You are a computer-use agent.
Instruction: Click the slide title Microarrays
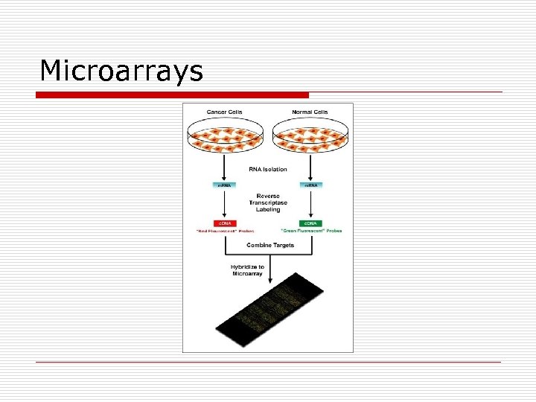[121, 71]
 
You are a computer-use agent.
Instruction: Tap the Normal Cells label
[310, 112]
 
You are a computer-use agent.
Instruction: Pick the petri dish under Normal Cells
[310, 136]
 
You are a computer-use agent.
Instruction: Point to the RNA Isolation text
[268, 170]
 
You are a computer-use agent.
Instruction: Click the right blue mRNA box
[310, 185]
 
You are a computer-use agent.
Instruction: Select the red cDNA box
[224, 223]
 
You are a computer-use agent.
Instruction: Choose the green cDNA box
[310, 223]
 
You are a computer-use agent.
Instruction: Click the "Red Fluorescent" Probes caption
[224, 231]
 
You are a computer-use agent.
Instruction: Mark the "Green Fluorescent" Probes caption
[311, 231]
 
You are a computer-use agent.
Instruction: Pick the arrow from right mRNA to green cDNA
[310, 205]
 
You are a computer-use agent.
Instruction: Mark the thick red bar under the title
[173, 95]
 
